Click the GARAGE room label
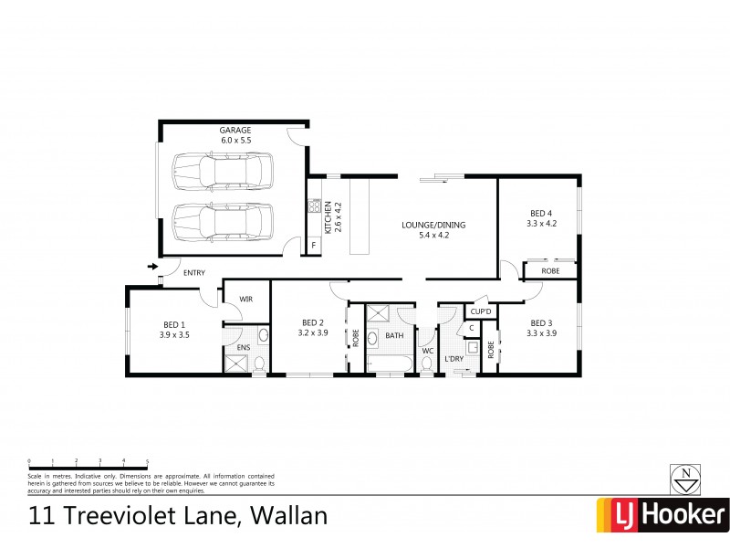click(235, 131)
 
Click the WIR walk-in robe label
click(245, 299)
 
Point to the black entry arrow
click(151, 267)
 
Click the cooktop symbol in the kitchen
click(313, 206)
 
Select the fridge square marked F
click(313, 245)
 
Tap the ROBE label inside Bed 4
click(550, 271)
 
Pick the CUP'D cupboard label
click(481, 311)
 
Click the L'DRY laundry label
click(454, 360)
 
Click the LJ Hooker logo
click(662, 514)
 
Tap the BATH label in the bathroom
click(394, 336)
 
